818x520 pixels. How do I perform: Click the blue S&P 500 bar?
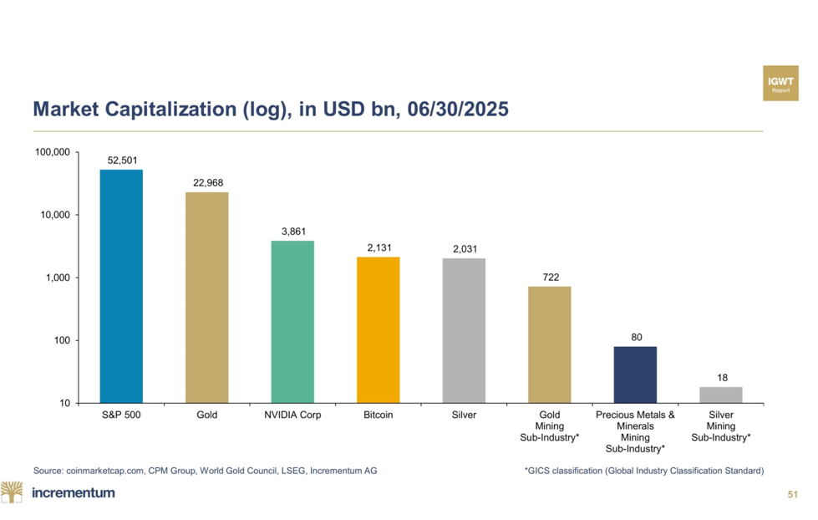121,286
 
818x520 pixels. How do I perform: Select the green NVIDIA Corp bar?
292,322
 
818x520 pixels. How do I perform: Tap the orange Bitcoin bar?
378,329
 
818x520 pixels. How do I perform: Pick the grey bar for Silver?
464,330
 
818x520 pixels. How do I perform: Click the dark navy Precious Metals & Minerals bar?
635,375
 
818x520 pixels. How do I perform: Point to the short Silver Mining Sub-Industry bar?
721,395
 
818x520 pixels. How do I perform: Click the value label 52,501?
122,161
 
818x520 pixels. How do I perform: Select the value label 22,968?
207,183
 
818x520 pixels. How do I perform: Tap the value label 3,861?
292,232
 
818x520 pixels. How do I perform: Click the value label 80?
636,337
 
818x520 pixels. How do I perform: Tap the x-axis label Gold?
207,415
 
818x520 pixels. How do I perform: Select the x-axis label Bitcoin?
379,415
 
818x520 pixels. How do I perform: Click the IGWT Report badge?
780,84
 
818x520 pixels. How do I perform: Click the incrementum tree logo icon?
12,492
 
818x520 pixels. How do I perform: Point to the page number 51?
793,496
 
